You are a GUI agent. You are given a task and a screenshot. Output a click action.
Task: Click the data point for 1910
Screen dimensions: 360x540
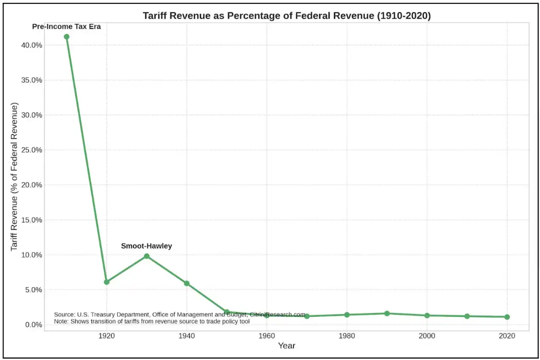(x=67, y=37)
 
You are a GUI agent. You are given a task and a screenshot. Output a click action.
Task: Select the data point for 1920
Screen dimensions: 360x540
(x=107, y=282)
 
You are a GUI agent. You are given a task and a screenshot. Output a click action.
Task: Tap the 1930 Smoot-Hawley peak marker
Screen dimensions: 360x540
(x=147, y=256)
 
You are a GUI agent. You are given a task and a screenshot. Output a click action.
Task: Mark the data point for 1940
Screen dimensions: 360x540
(x=187, y=283)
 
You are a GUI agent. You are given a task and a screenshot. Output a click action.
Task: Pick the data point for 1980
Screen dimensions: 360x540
(x=347, y=315)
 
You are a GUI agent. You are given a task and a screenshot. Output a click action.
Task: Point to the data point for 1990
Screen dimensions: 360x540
(x=387, y=313)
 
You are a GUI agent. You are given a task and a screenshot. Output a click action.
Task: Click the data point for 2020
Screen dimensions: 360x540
(x=507, y=317)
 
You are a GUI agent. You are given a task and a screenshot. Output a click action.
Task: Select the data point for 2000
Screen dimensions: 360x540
(x=427, y=315)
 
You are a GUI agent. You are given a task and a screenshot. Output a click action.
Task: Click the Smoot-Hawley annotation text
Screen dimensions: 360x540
(x=147, y=246)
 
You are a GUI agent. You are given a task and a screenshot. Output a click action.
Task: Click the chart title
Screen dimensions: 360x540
(x=286, y=16)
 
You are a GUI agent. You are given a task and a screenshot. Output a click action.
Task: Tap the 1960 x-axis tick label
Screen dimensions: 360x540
(x=266, y=336)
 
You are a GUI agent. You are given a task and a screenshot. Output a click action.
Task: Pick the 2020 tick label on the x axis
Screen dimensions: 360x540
(x=507, y=336)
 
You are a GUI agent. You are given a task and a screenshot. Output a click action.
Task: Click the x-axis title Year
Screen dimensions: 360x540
(x=286, y=346)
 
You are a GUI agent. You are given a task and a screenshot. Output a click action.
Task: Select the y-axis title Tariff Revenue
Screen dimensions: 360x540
(x=14, y=176)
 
